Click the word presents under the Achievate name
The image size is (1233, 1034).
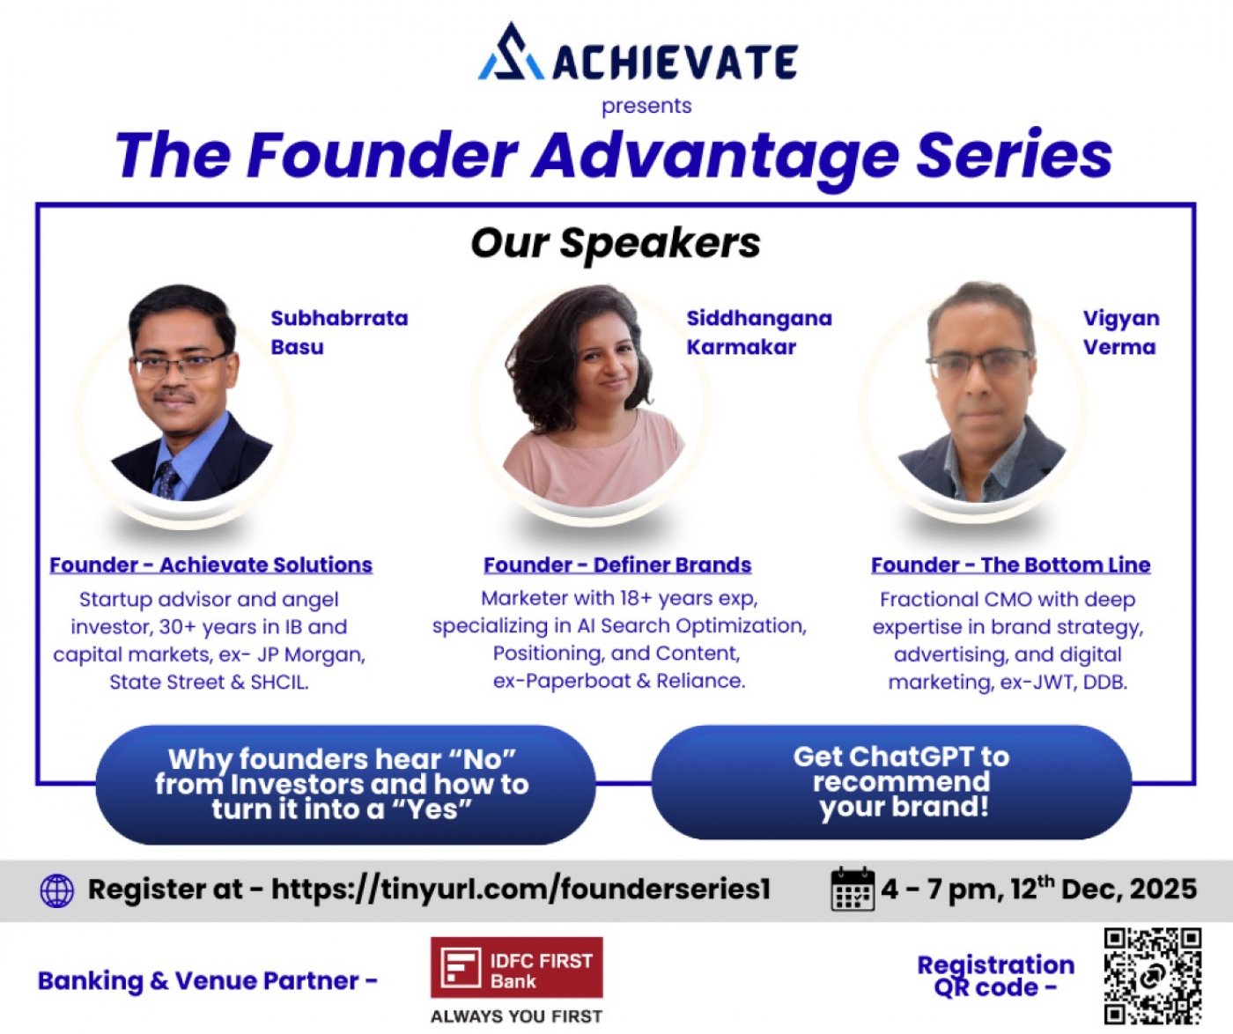[x=646, y=106]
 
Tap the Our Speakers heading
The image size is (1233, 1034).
[x=616, y=243]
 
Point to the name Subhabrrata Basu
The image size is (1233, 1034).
[x=338, y=332]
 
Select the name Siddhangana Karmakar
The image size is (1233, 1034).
[x=758, y=332]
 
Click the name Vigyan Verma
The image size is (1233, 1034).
[x=1120, y=332]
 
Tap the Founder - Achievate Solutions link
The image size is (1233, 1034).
[x=210, y=565]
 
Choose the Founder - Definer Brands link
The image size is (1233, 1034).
[x=617, y=565]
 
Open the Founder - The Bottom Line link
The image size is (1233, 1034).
[x=1010, y=565]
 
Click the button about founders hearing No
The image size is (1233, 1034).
[x=343, y=784]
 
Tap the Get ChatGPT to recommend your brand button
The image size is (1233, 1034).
[x=891, y=781]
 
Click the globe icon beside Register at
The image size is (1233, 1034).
[x=57, y=890]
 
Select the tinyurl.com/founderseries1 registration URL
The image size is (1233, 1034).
[x=521, y=890]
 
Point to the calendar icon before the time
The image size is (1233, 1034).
[x=852, y=890]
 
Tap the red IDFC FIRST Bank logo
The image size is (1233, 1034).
[x=516, y=968]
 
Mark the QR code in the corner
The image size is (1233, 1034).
[x=1152, y=976]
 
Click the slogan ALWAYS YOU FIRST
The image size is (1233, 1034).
[x=516, y=1016]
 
